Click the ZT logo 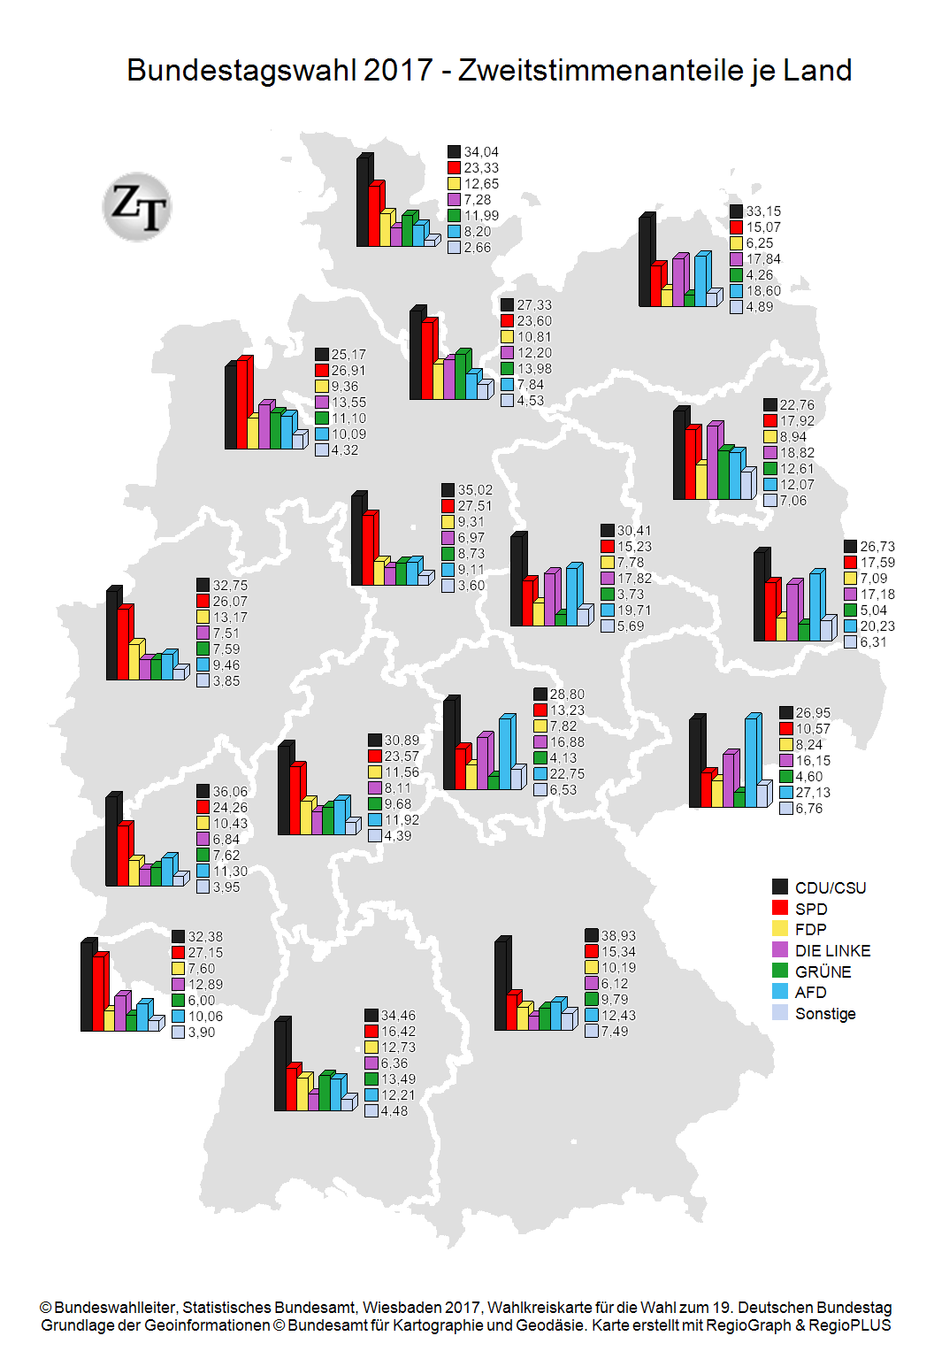coord(137,207)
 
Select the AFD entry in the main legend coord(810,993)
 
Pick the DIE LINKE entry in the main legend coord(832,951)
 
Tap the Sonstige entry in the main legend coord(825,1014)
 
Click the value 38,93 coord(618,936)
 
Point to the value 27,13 coord(813,793)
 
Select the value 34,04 coord(481,152)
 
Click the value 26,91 coord(348,371)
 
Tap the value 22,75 coord(567,774)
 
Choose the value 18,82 coord(797,453)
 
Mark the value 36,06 coord(230,792)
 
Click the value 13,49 coord(398,1079)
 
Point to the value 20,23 coord(877,626)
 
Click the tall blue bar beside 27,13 coord(751,761)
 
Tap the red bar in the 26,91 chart coord(243,403)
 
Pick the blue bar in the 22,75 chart coord(505,753)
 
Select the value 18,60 coord(763,291)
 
